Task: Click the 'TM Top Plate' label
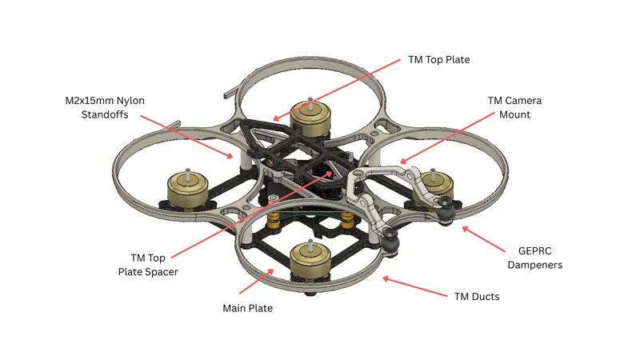pyautogui.click(x=438, y=59)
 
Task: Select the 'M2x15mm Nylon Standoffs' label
pyautogui.click(x=105, y=107)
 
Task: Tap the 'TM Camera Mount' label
pyautogui.click(x=514, y=107)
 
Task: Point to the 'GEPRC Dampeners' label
pyautogui.click(x=534, y=258)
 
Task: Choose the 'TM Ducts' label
pyautogui.click(x=477, y=296)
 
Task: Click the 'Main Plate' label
pyautogui.click(x=248, y=308)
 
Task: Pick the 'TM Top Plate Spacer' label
pyautogui.click(x=148, y=265)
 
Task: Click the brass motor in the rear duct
pyautogui.click(x=310, y=119)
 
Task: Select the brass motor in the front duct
pyautogui.click(x=310, y=259)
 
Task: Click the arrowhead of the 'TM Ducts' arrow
pyautogui.click(x=386, y=278)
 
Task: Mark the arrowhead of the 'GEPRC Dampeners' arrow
pyautogui.click(x=466, y=230)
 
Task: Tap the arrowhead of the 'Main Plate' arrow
pyautogui.click(x=270, y=272)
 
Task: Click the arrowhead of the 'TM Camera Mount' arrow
pyautogui.click(x=403, y=161)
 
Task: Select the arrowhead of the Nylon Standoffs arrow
pyautogui.click(x=230, y=155)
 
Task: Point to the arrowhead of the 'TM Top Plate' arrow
pyautogui.click(x=276, y=118)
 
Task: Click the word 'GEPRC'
pyautogui.click(x=534, y=250)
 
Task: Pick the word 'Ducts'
pyautogui.click(x=486, y=296)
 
